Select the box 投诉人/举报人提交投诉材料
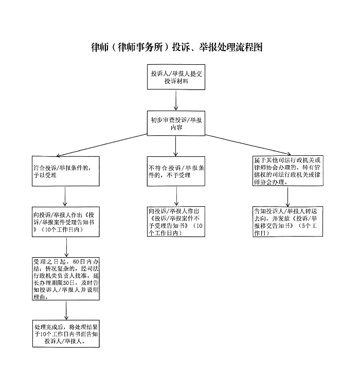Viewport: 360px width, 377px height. coord(176,78)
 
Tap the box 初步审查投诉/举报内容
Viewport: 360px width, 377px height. coord(176,124)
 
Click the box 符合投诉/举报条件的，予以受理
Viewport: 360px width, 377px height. coord(65,171)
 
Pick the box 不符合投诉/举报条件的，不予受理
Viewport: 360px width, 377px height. coord(176,171)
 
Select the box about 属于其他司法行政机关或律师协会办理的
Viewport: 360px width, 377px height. coord(288,171)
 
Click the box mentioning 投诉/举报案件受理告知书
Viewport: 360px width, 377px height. coord(65,222)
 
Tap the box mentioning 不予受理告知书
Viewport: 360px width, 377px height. coord(176,222)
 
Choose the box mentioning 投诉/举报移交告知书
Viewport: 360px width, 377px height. coord(288,222)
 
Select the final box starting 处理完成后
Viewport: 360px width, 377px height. coord(65,333)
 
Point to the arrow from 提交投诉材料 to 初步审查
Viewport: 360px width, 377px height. coord(176,101)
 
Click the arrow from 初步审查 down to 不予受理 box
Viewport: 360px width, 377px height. coord(176,147)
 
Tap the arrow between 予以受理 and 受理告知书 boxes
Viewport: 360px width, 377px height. coord(65,196)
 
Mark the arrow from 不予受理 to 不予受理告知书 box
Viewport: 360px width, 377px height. coord(176,196)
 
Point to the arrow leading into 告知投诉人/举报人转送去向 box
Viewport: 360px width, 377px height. coord(287,197)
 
